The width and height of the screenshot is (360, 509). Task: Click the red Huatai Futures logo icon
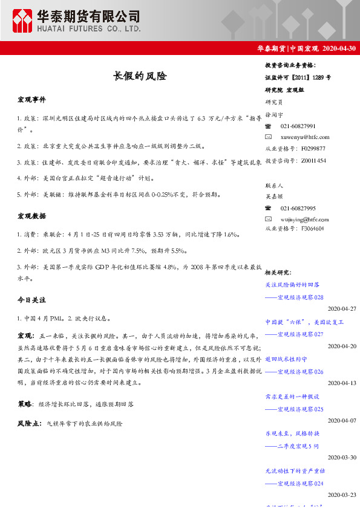(24, 21)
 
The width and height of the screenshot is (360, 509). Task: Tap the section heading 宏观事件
(31, 99)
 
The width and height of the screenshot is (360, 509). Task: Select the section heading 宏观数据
(31, 216)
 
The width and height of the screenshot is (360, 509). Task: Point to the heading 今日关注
(31, 300)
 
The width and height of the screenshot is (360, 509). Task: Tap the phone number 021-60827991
(298, 126)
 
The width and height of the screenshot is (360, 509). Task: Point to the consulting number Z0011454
(313, 160)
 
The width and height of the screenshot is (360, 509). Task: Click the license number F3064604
(312, 229)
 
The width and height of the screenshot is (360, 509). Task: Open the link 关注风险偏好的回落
(292, 284)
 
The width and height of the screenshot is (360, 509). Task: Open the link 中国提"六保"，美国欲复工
(304, 322)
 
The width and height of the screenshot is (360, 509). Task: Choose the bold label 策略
(25, 403)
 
